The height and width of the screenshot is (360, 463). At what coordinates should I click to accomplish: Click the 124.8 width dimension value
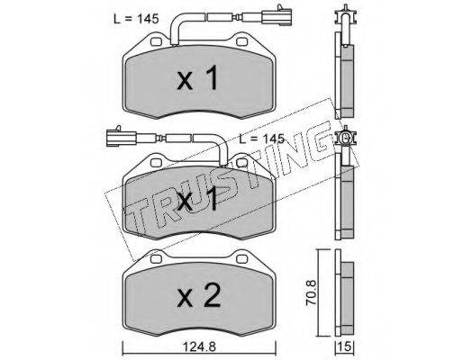coord(199,347)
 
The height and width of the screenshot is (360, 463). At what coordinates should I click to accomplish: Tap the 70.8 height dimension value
coord(311,292)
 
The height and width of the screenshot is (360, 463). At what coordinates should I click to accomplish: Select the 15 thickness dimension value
coord(345,347)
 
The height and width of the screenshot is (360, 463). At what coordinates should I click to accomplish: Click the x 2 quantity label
coord(199,296)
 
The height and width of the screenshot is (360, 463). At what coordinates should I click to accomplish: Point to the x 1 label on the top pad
coord(197,78)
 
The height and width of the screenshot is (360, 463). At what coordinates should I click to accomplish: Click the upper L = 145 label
coord(136,19)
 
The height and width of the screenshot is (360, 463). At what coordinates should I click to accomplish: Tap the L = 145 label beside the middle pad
coord(261,139)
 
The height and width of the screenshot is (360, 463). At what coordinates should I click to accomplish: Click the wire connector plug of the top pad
coord(277,15)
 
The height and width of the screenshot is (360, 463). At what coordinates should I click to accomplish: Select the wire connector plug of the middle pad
coord(121,139)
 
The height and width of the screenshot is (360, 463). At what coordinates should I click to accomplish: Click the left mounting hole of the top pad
coord(156,41)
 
